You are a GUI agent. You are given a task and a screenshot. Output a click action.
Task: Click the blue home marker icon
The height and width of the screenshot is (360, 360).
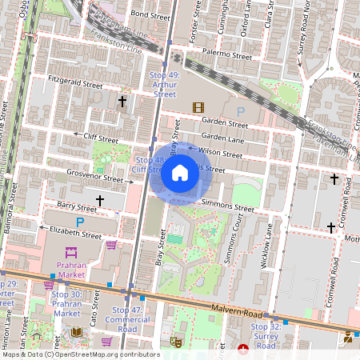(180, 173)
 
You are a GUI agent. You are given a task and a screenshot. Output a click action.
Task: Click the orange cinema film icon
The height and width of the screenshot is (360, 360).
(198, 107)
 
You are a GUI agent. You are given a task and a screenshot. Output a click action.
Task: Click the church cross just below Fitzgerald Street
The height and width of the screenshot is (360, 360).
(122, 102)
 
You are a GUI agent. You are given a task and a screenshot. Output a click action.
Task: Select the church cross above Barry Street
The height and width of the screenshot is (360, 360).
(100, 200)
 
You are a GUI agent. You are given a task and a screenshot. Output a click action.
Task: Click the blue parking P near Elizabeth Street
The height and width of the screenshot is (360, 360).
(79, 222)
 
